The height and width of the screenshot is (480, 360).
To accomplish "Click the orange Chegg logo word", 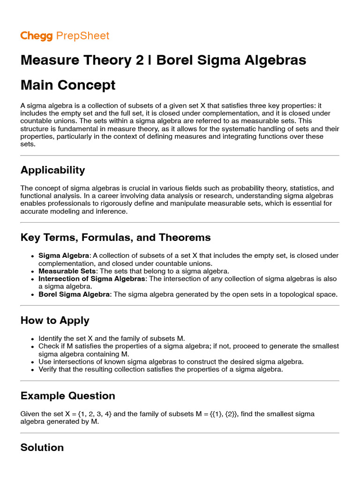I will pyautogui.click(x=36, y=36).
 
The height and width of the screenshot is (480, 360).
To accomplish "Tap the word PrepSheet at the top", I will pyautogui.click(x=82, y=36).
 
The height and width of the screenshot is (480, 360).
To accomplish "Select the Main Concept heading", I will pyautogui.click(x=68, y=85).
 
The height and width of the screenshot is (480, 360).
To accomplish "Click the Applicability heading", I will pyautogui.click(x=53, y=170).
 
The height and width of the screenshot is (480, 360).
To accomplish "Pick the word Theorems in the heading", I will pyautogui.click(x=186, y=237).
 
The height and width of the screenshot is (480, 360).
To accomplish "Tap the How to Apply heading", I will pyautogui.click(x=55, y=321).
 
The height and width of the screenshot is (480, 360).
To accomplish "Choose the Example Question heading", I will pyautogui.click(x=68, y=396).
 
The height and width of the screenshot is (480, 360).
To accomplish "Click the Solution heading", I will pyautogui.click(x=42, y=447).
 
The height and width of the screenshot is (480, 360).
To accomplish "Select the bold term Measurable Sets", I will pyautogui.click(x=67, y=271).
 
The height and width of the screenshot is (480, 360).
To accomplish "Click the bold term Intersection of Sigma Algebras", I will pyautogui.click(x=92, y=278).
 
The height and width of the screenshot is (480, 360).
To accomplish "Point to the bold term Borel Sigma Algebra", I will pyautogui.click(x=75, y=294).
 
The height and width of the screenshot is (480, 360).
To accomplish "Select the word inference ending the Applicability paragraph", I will pyautogui.click(x=112, y=211).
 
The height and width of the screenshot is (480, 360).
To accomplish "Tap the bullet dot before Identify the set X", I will pyautogui.click(x=32, y=339).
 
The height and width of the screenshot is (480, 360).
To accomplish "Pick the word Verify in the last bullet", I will pyautogui.click(x=47, y=369).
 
